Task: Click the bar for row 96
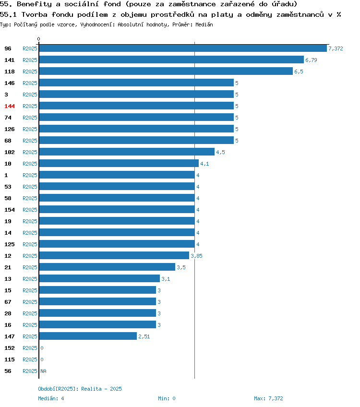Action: pos(183,48)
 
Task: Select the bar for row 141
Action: pos(171,60)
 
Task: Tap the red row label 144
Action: pos(9,106)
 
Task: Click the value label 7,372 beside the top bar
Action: pos(336,48)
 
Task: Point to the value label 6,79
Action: pos(311,60)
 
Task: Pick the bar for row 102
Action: pos(127,152)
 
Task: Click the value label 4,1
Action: pos(204,164)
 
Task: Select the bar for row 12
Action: pos(114,255)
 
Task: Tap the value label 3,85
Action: pos(196,256)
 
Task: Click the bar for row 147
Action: pos(88,336)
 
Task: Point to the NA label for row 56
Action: pos(43,371)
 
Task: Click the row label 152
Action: pos(9,348)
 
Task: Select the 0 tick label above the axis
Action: pos(39,39)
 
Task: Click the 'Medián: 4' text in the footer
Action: pos(51,398)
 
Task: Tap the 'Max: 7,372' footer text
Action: pos(268,398)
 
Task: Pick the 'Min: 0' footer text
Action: pos(167,398)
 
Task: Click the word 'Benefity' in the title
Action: pos(34,4)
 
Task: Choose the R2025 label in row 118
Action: pos(30,72)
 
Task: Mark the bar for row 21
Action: pos(107,267)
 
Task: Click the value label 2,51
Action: pos(144,336)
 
